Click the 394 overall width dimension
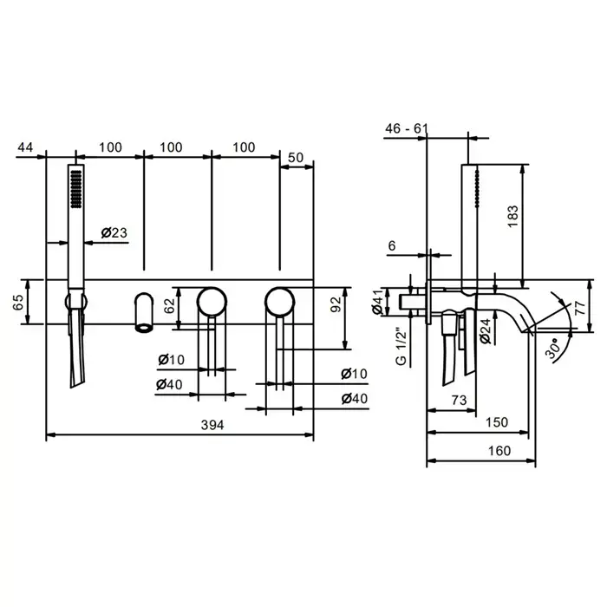pos(212,425)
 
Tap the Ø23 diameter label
pos(114,232)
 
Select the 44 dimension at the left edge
pos(25,147)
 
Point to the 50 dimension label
pos(296,158)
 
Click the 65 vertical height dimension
pos(18,303)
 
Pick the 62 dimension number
pos(170,305)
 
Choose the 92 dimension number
pos(336,304)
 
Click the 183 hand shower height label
pos(512,217)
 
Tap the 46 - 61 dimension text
pos(407,128)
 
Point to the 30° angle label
pos(552,348)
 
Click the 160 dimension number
pos(499,451)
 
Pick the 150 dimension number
pos(497,422)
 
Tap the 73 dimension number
pos(459,400)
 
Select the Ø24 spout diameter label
pos(485,331)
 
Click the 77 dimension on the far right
pos(580,308)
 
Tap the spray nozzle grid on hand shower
pos(76,189)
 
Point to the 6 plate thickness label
pos(392,245)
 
